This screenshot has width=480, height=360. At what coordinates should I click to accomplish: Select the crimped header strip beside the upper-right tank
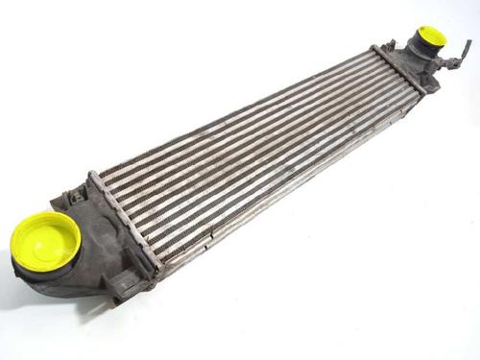[394, 67]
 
